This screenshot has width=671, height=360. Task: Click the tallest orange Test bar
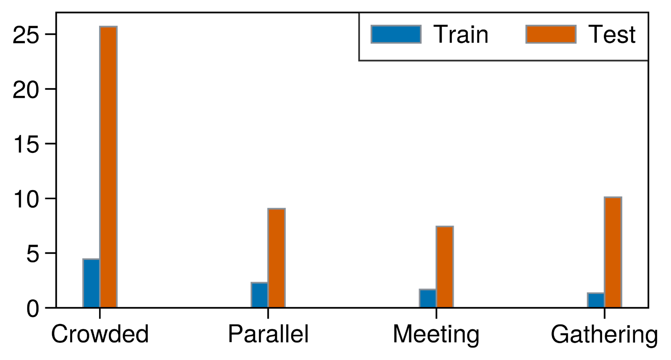pos(108,167)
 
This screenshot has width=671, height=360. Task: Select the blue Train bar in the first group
pos(91,283)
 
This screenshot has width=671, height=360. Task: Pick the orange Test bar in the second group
pos(276,257)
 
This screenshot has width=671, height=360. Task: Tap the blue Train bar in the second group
pos(259,295)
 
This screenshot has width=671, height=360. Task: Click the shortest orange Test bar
pos(444,266)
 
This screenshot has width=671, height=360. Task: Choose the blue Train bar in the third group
pos(427,298)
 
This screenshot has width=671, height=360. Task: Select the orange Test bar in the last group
pos(613,252)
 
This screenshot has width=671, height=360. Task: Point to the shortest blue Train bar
pos(595,300)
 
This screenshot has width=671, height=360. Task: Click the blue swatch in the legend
pos(396,34)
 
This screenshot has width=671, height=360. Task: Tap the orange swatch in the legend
pos(551,34)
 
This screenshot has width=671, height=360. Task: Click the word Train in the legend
pos(461,35)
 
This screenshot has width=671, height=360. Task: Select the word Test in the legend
pos(611,35)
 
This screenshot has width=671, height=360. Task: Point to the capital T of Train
pos(441,35)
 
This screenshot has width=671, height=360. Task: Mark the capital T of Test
pos(595,35)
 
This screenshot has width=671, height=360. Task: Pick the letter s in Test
pos(621,37)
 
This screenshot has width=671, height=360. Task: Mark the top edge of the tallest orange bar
pos(108,27)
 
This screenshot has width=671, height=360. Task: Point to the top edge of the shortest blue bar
pos(595,293)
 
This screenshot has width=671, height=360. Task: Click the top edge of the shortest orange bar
pos(444,227)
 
